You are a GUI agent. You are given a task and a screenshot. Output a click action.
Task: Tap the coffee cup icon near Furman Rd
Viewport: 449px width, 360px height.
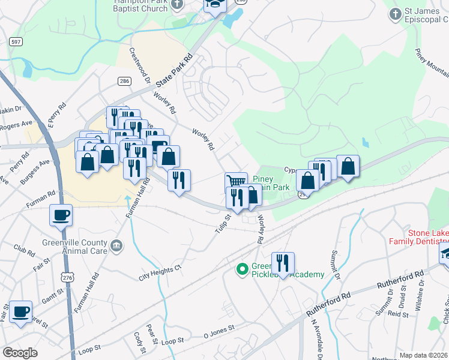pos(61,215)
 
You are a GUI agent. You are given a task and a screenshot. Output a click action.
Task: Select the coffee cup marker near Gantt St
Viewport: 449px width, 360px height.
pos(21,312)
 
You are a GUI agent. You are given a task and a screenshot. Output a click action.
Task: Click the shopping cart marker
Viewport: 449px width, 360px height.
pos(236,181)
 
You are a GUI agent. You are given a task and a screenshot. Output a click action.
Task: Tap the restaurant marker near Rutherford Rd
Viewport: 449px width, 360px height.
pos(283,263)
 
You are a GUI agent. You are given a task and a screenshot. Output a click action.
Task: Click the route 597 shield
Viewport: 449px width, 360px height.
pos(16,41)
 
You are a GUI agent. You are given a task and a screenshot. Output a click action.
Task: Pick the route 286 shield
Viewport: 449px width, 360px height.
pos(124,81)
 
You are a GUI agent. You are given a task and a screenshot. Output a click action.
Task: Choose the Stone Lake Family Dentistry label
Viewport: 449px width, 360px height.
pos(419,237)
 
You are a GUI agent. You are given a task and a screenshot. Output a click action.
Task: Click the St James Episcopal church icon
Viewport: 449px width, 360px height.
pos(395,14)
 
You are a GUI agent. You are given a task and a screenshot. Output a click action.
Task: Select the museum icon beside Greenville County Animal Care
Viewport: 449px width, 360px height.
pos(116,245)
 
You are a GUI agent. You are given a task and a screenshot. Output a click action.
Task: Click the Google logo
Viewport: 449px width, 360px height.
pos(20,353)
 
